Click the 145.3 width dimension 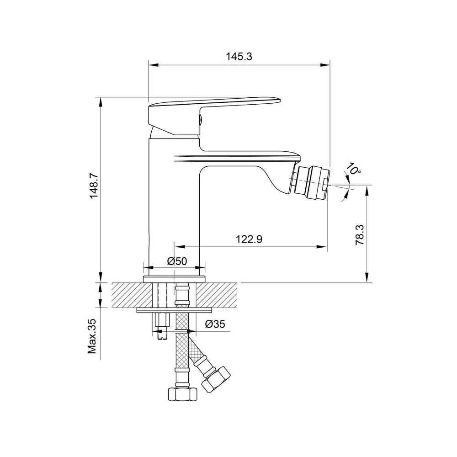pos(239,56)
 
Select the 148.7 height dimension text pos(94,186)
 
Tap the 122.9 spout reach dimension pos(249,239)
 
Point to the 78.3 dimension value pos(360,234)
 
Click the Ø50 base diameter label pos(177,261)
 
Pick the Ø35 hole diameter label pos(215,324)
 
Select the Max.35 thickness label pos(92,336)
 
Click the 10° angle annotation pos(354,169)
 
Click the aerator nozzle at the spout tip pos(312,182)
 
